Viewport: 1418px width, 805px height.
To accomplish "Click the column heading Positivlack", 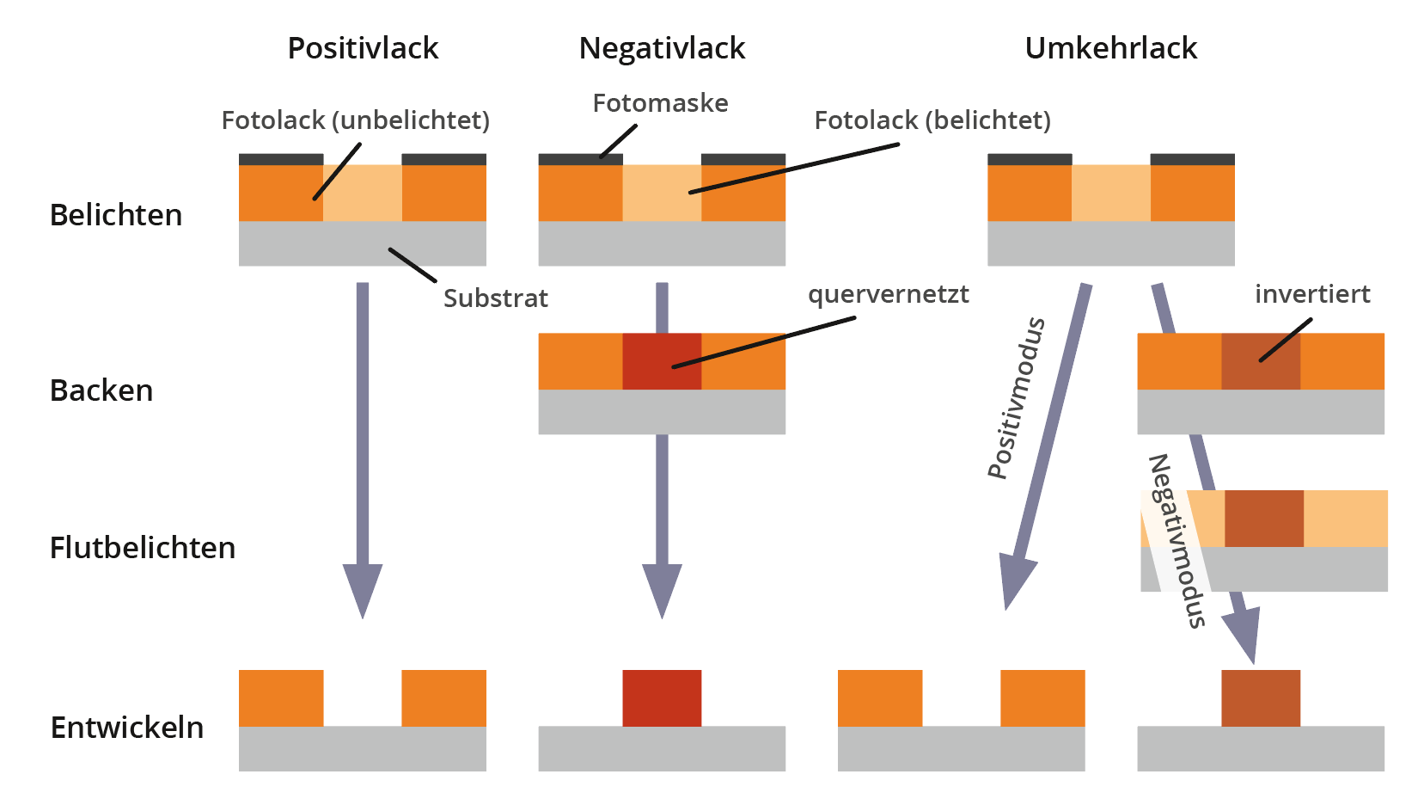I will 363,48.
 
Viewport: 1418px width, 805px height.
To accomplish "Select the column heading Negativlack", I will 662,48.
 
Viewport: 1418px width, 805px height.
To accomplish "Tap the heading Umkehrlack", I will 1110,48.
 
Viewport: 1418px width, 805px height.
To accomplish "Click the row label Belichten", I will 116,215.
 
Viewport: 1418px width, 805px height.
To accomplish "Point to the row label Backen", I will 101,390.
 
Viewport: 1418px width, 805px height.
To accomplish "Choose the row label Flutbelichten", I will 143,548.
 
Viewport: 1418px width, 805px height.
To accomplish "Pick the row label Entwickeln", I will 127,728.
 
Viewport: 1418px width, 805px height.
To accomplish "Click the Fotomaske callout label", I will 660,103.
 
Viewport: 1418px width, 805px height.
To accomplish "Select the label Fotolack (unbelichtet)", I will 355,120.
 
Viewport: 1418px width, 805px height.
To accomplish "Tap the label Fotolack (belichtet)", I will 932,120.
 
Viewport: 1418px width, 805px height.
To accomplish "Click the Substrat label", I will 496,298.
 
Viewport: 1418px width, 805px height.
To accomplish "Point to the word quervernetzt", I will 888,295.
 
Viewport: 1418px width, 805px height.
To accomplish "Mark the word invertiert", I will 1312,294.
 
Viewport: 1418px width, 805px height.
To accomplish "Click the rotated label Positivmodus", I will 1017,397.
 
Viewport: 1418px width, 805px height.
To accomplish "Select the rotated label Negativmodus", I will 1177,541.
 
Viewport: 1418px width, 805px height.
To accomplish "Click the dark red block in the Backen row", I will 662,361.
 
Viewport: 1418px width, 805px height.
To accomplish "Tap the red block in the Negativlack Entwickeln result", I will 662,698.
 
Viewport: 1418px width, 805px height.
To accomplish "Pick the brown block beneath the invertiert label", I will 1261,361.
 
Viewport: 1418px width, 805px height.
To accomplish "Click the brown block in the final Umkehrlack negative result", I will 1261,698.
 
